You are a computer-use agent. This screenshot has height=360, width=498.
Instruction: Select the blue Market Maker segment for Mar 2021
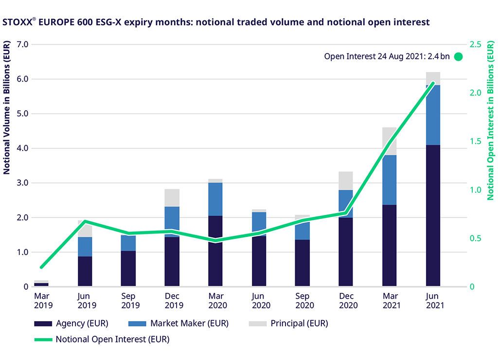click(389, 180)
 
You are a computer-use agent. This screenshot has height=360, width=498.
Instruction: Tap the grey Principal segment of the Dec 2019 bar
click(172, 198)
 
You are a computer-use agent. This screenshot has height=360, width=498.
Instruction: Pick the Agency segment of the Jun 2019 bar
click(85, 271)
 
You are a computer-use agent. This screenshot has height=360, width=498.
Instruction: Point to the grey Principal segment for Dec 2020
click(346, 180)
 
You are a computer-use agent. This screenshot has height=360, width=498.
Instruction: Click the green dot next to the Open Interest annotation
click(458, 56)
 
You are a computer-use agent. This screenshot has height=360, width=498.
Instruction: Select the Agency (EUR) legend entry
click(71, 324)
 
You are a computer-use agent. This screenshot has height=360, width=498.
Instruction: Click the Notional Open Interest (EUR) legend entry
click(102, 340)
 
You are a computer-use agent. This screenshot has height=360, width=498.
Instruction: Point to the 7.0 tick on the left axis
click(23, 44)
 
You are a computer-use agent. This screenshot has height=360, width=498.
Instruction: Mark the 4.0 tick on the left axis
click(23, 148)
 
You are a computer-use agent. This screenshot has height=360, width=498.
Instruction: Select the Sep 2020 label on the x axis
click(302, 300)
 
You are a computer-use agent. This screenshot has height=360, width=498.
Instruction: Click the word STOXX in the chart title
click(17, 22)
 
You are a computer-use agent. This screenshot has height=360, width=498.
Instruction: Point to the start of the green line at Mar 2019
click(41, 267)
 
